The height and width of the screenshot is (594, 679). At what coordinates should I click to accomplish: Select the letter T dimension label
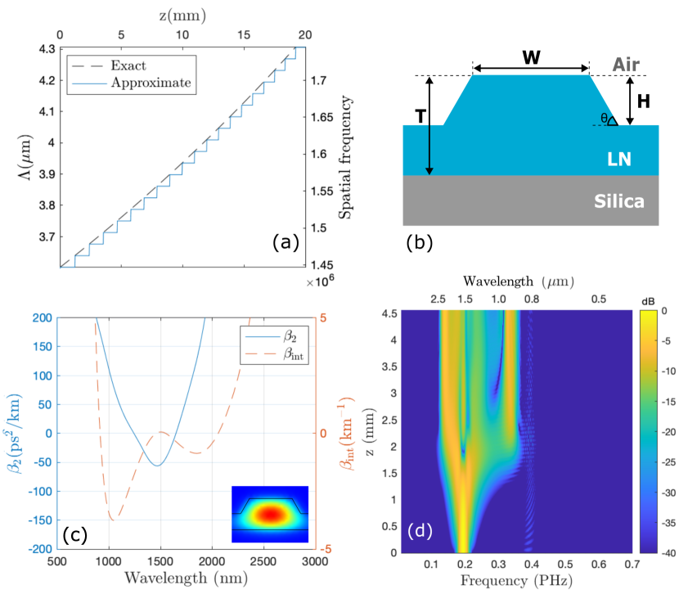(420, 117)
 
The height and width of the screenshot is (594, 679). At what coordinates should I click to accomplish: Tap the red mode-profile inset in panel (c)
(269, 514)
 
